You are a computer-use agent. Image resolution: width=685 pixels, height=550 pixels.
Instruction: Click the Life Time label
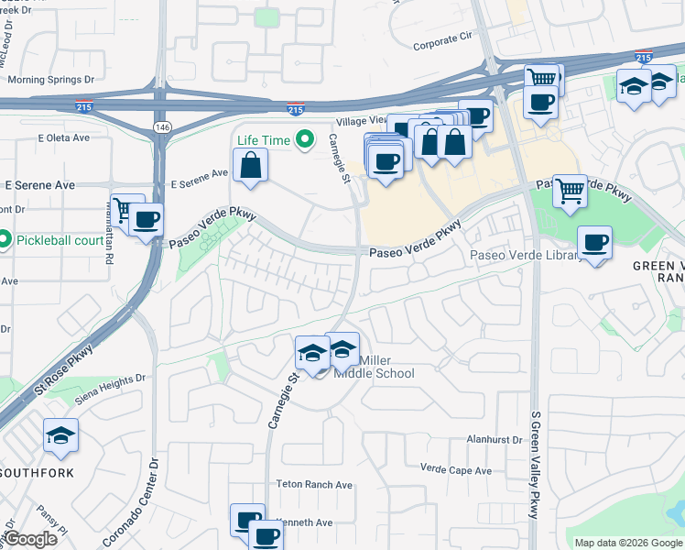pyautogui.click(x=263, y=140)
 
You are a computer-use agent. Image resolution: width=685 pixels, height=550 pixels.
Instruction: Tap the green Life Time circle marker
pyautogui.click(x=307, y=140)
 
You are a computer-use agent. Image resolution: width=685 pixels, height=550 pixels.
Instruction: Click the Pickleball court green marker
pyautogui.click(x=5, y=241)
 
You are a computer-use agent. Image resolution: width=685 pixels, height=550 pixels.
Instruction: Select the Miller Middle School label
pyautogui.click(x=374, y=367)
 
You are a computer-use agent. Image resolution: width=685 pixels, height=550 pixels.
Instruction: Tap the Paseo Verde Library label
pyautogui.click(x=526, y=256)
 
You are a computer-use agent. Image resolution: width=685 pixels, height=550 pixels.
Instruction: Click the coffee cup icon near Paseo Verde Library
pyautogui.click(x=595, y=243)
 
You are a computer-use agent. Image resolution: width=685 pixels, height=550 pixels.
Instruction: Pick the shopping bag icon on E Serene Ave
pyautogui.click(x=250, y=167)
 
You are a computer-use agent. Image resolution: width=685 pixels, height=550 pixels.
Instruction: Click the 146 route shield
pyautogui.click(x=162, y=126)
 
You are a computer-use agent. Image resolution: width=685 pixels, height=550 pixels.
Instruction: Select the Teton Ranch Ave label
pyautogui.click(x=314, y=485)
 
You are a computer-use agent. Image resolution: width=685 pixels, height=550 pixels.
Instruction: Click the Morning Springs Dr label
pyautogui.click(x=50, y=79)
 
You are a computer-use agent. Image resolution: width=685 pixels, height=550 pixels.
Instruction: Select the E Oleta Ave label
pyautogui.click(x=63, y=138)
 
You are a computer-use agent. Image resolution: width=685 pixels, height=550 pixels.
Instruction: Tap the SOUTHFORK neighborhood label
pyautogui.click(x=36, y=472)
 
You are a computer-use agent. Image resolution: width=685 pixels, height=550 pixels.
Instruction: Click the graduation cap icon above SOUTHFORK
pyautogui.click(x=61, y=436)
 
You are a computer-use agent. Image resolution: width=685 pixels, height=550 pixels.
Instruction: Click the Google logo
pyautogui.click(x=31, y=539)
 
